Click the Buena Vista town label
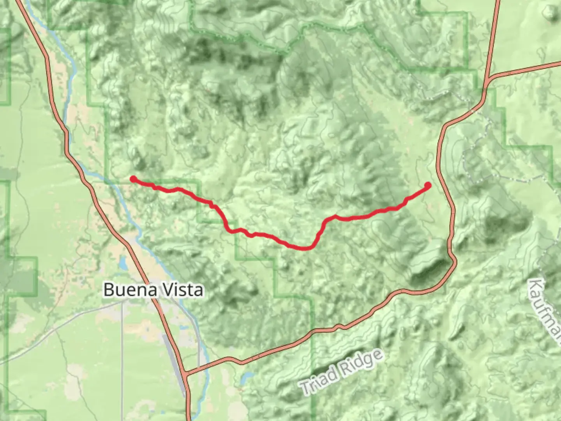153,290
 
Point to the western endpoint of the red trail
133,179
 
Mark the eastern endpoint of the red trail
428,185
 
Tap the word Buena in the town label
125,290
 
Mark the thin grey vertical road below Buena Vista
122,351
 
